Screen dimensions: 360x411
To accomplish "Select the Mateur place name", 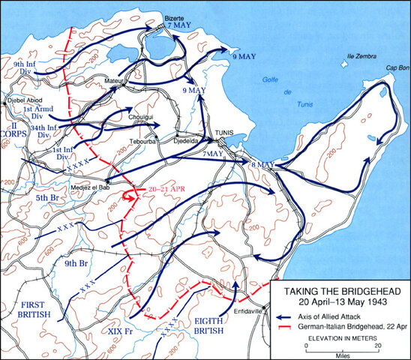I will tap(113, 78).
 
